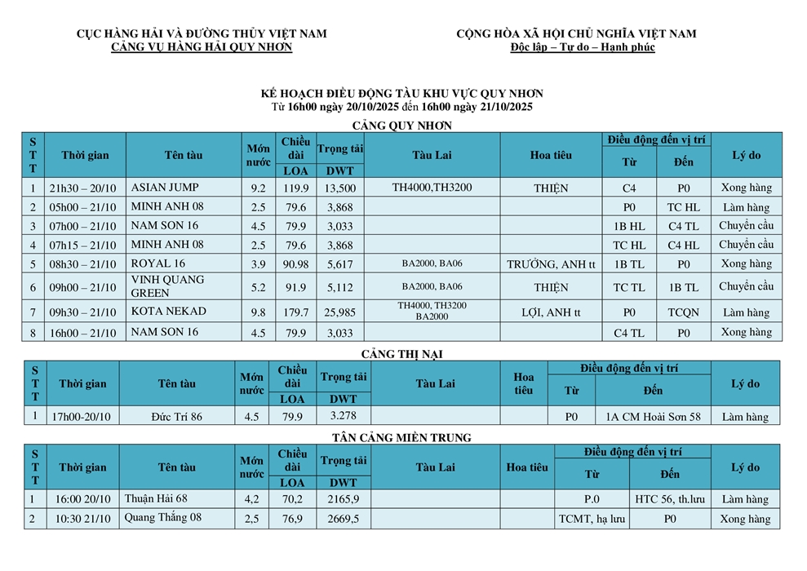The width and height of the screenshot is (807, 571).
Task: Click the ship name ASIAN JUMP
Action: pyautogui.click(x=164, y=187)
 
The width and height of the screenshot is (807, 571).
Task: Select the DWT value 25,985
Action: pyautogui.click(x=339, y=312)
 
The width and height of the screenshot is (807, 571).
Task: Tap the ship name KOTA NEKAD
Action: pyautogui.click(x=168, y=311)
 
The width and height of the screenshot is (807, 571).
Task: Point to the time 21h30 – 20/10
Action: pyautogui.click(x=82, y=188)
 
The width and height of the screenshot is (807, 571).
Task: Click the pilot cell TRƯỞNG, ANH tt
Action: pyautogui.click(x=551, y=264)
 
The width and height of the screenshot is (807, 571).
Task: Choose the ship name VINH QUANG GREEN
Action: pyautogui.click(x=167, y=286)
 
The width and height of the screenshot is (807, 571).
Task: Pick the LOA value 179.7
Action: pyautogui.click(x=295, y=312)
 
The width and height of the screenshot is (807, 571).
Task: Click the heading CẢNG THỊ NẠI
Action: pyautogui.click(x=401, y=353)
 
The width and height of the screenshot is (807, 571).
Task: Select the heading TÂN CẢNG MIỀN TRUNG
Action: pyautogui.click(x=401, y=438)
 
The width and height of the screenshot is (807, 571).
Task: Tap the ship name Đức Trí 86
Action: pyautogui.click(x=176, y=417)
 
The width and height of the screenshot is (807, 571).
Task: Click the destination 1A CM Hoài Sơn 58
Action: pyautogui.click(x=653, y=417)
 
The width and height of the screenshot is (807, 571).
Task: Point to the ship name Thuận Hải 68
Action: pyautogui.click(x=156, y=498)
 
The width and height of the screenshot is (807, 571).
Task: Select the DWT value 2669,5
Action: pyautogui.click(x=344, y=519)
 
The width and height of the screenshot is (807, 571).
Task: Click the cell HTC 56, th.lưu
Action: pyautogui.click(x=669, y=499)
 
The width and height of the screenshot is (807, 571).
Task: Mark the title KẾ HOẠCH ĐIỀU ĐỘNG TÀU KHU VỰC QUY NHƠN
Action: pyautogui.click(x=401, y=94)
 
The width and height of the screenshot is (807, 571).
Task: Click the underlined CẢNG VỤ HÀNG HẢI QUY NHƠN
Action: pyautogui.click(x=202, y=47)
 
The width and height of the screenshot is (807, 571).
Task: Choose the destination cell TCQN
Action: pyautogui.click(x=683, y=312)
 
